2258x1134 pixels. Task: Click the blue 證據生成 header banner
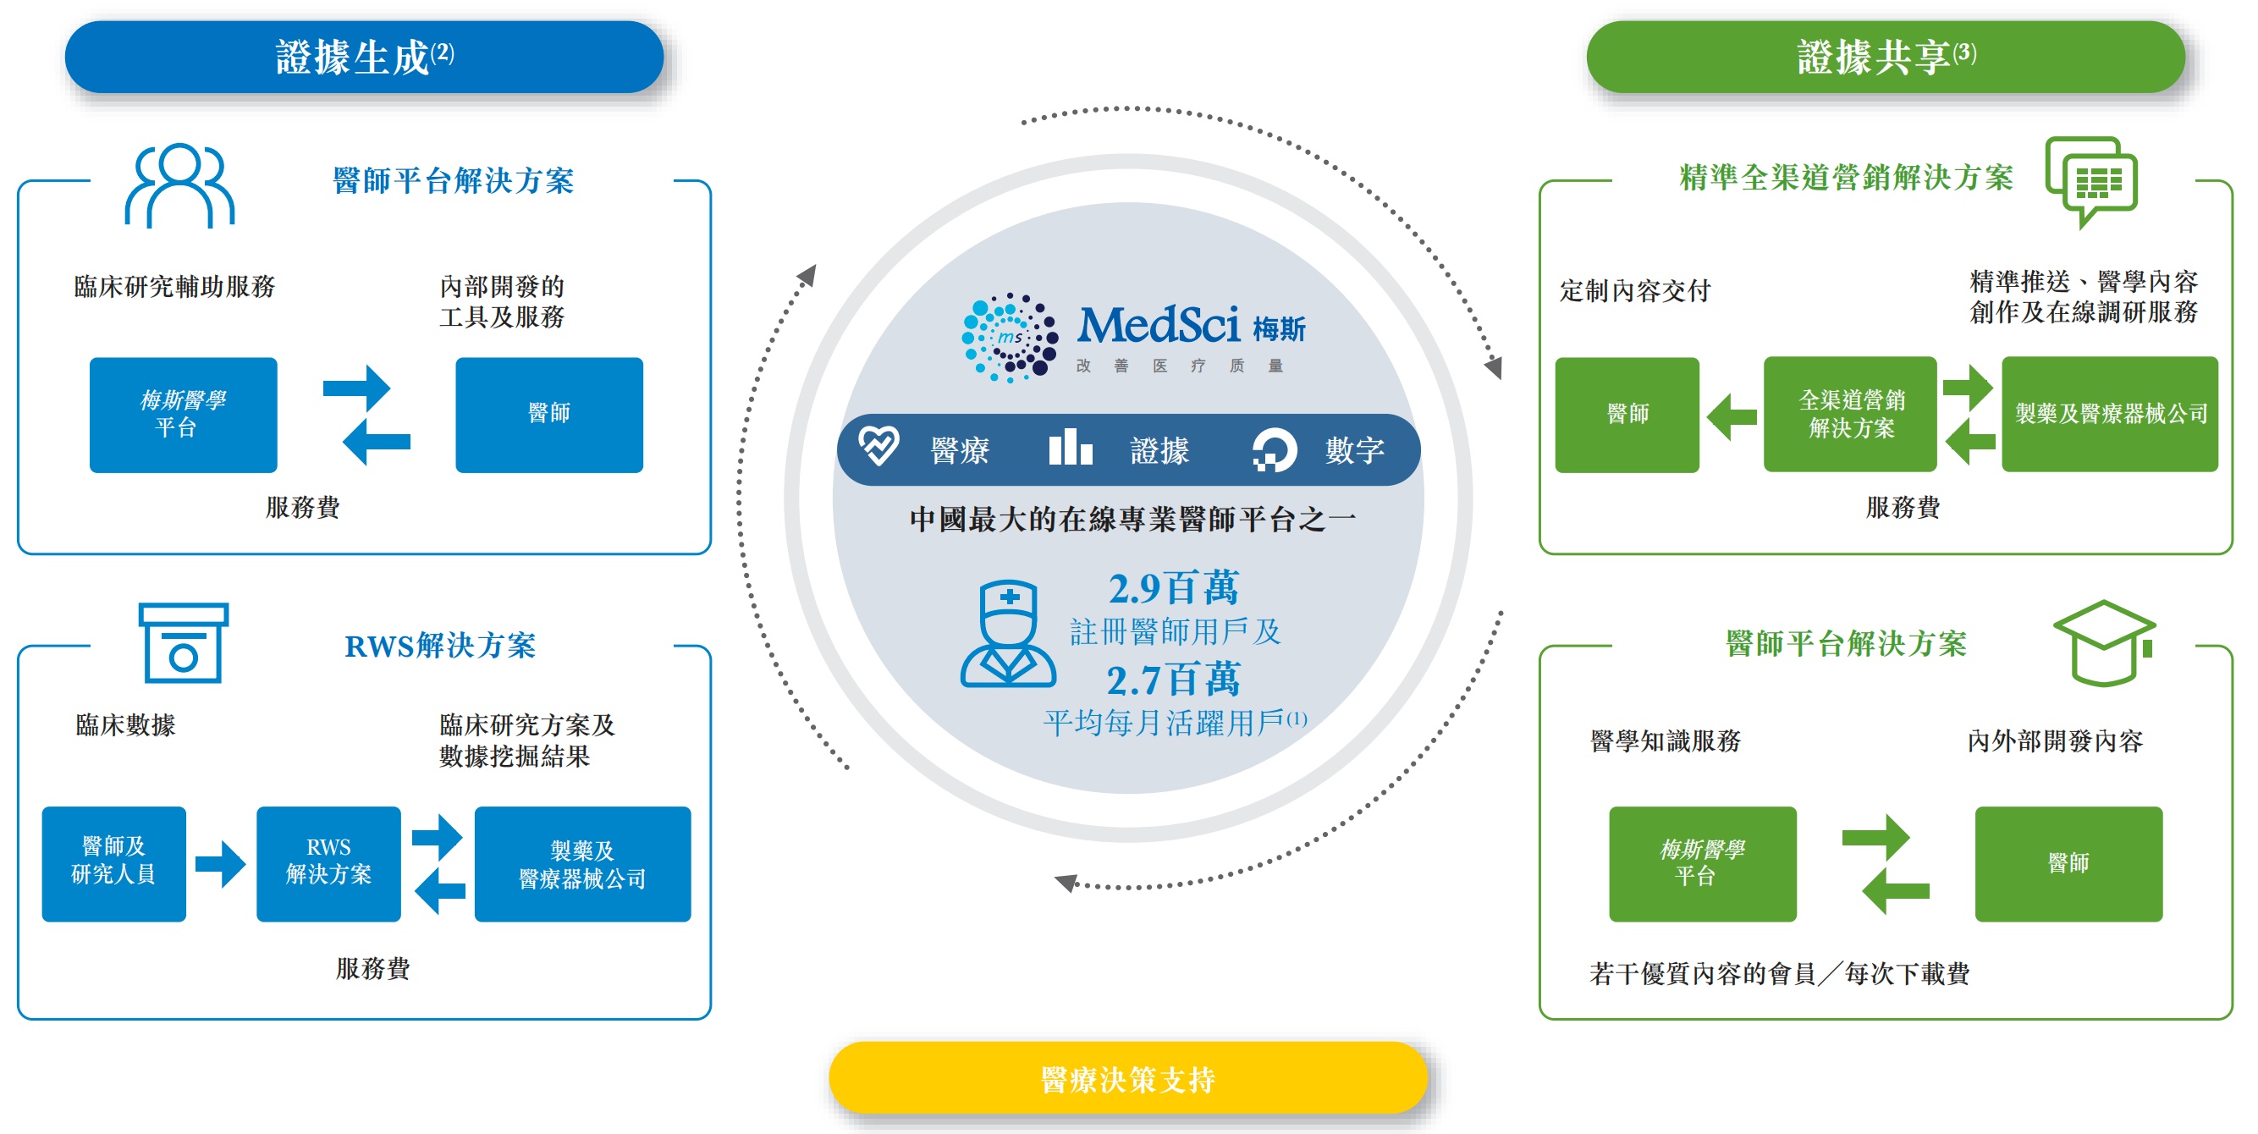(x=364, y=57)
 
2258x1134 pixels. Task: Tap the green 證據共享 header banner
(x=1885, y=57)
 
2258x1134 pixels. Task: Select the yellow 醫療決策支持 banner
(x=1128, y=1079)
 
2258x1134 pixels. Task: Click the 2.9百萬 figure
(x=1174, y=588)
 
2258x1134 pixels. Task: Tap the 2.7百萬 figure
(x=1174, y=680)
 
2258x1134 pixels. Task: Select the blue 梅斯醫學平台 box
(x=183, y=415)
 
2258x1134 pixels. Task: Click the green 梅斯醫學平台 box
(x=1702, y=863)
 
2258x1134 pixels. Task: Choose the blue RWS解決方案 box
(x=328, y=863)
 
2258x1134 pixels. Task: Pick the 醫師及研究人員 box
(x=114, y=863)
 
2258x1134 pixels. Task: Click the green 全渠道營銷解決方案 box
(x=1850, y=415)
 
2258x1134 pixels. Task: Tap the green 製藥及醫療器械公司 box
(x=2110, y=415)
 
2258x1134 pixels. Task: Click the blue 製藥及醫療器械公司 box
(x=582, y=863)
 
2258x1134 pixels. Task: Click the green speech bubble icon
(x=2091, y=180)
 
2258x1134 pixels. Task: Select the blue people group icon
(x=179, y=185)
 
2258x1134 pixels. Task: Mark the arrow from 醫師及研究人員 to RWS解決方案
(x=220, y=864)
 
